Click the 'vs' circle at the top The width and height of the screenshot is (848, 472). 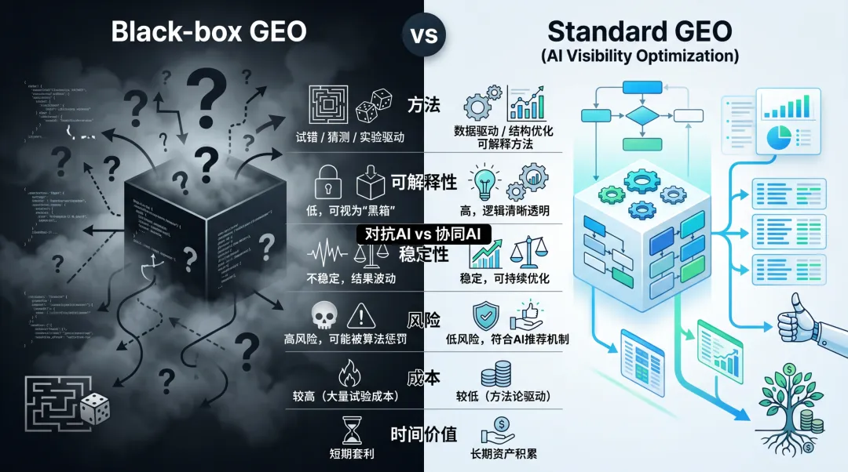(424, 35)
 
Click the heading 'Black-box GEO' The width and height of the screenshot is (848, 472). (208, 32)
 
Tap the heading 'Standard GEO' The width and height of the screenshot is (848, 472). (640, 31)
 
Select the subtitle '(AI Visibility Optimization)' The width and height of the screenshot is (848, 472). (640, 56)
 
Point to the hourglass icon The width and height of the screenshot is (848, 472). (350, 430)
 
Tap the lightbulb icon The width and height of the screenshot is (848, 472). (484, 180)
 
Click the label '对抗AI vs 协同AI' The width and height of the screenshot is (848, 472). (423, 234)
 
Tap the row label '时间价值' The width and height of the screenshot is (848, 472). (423, 434)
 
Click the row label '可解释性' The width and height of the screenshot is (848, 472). (423, 182)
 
